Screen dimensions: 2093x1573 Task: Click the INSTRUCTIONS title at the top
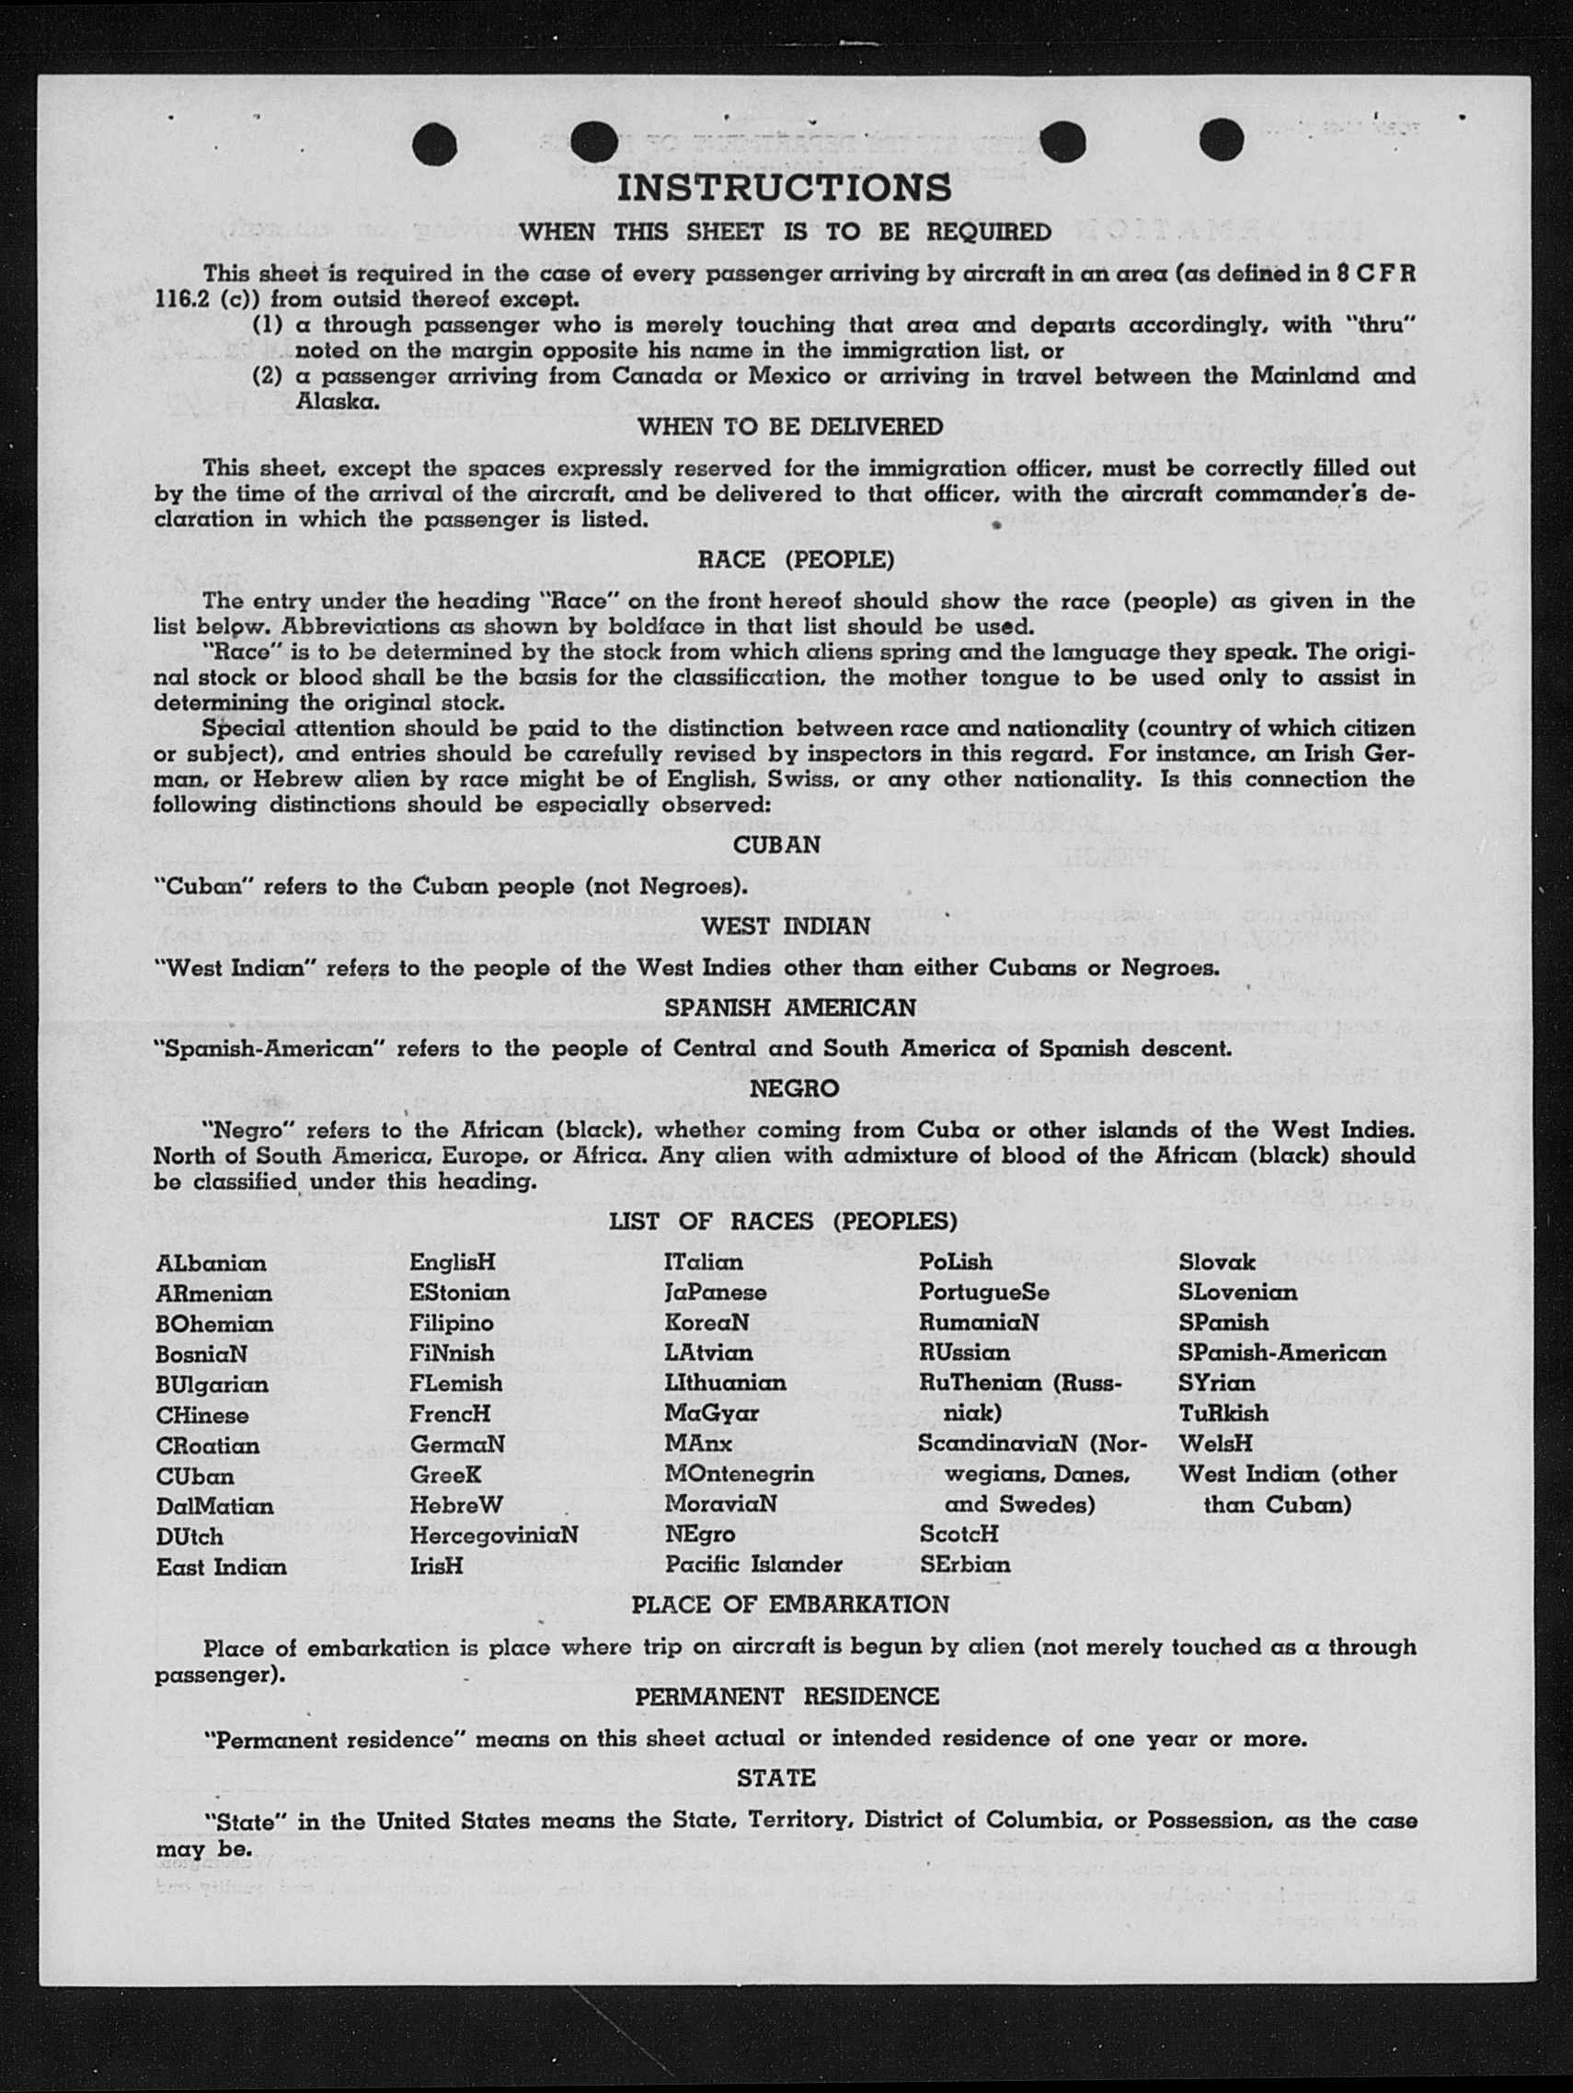click(x=784, y=188)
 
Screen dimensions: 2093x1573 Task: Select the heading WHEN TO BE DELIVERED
click(x=790, y=427)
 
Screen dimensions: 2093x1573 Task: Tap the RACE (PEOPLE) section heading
click(x=796, y=559)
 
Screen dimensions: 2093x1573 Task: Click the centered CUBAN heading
click(x=776, y=845)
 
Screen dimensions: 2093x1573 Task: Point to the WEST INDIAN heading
click(x=785, y=926)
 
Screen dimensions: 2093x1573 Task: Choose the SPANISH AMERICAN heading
click(x=790, y=1007)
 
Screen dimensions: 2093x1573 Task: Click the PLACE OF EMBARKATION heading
click(x=790, y=1604)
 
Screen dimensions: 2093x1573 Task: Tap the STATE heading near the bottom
click(x=775, y=1779)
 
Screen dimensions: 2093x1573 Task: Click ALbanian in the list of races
click(x=212, y=1263)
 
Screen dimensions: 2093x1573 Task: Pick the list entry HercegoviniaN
click(x=493, y=1535)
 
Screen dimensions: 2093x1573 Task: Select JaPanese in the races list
click(x=715, y=1293)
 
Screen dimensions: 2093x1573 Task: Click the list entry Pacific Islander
click(x=752, y=1564)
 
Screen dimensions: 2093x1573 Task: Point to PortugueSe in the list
click(x=983, y=1293)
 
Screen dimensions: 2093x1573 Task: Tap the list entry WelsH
click(x=1215, y=1443)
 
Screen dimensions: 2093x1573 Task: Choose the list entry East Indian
click(x=222, y=1566)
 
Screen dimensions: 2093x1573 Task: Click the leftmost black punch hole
click(x=435, y=144)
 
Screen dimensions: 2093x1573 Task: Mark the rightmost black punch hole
click(x=1221, y=142)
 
